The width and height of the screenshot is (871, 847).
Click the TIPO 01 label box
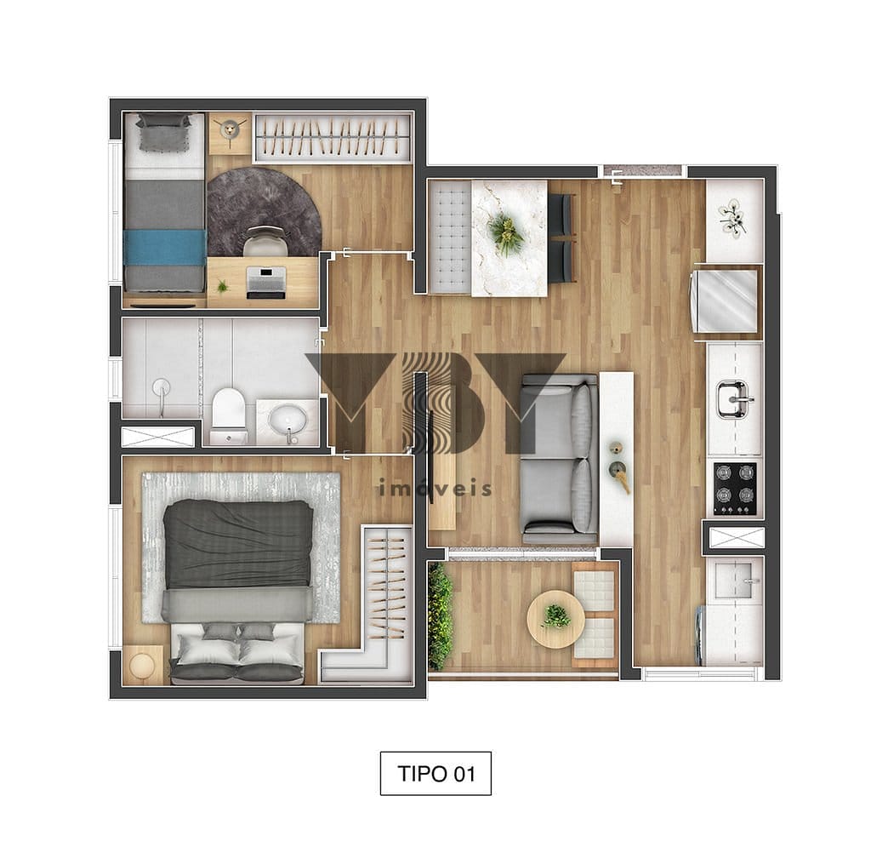(435, 773)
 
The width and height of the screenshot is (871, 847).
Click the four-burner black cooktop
(734, 481)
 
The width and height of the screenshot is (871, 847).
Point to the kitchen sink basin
(733, 399)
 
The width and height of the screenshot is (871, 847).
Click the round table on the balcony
(555, 619)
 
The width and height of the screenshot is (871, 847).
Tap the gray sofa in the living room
(558, 459)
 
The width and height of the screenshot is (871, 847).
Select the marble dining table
(510, 238)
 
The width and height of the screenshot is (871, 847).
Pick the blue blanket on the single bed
(165, 248)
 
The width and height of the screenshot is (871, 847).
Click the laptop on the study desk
(266, 282)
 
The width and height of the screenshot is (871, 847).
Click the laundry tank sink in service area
(734, 579)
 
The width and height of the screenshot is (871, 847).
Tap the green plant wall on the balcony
(440, 615)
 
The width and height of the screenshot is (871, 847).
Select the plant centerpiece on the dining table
(505, 234)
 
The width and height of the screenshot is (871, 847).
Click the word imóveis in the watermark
(435, 488)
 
